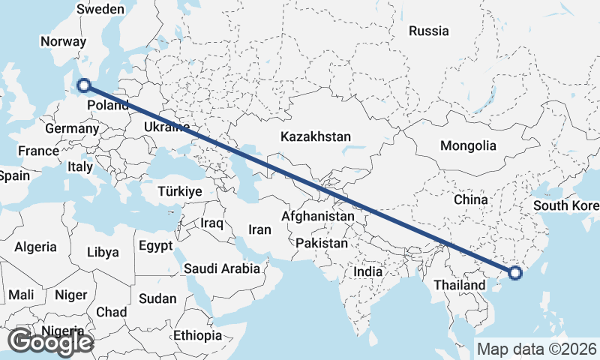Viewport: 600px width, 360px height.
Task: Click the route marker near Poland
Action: (84, 86)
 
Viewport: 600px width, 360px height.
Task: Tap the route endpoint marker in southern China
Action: (515, 273)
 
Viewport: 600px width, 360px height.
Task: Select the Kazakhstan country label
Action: (316, 136)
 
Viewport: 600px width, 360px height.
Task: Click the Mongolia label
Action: (468, 145)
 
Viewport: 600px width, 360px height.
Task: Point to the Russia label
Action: (429, 31)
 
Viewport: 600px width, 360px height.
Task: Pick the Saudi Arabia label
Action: (222, 268)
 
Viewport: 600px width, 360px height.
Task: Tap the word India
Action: (368, 273)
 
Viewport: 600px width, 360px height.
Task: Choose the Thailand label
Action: (459, 285)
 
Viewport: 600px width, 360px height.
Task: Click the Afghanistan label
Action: (317, 216)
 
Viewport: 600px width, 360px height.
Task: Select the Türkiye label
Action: (180, 191)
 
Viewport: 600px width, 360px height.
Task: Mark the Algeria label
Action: (36, 247)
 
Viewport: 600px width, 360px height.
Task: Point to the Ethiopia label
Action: (197, 334)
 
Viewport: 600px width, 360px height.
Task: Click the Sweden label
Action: (100, 9)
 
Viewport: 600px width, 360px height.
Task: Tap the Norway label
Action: (64, 42)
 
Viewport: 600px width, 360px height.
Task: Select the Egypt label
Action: (156, 245)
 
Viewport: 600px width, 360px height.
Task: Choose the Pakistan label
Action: (322, 243)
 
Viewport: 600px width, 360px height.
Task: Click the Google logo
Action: (50, 342)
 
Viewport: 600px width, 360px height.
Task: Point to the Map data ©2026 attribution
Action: (537, 349)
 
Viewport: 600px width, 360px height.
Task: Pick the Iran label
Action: (259, 230)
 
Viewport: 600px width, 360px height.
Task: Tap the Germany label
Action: (72, 129)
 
